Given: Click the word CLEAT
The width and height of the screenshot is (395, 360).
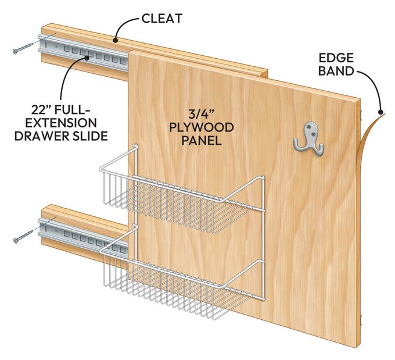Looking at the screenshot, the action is pos(161,19).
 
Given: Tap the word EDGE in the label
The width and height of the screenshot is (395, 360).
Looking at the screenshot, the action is pos(336,58).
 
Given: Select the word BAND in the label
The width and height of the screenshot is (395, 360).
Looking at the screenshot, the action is pos(336,71).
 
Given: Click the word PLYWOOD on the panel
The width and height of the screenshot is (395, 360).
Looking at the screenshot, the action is pos(202,127).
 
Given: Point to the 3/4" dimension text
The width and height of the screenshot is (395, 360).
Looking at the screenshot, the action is pos(201,115).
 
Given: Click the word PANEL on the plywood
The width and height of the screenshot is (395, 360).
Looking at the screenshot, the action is pos(202,140).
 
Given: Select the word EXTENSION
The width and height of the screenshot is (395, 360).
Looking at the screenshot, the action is pos(61,123).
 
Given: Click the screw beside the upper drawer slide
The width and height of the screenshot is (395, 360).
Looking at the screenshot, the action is pos(23,48).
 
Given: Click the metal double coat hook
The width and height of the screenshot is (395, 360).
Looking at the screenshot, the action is pos(309,138).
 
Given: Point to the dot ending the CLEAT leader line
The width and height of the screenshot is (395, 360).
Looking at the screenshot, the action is pos(115,40).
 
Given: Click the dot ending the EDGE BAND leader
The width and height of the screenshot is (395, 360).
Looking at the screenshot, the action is pos(380,112).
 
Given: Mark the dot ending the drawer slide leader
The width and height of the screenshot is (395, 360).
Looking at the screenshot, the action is pos(87,58).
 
